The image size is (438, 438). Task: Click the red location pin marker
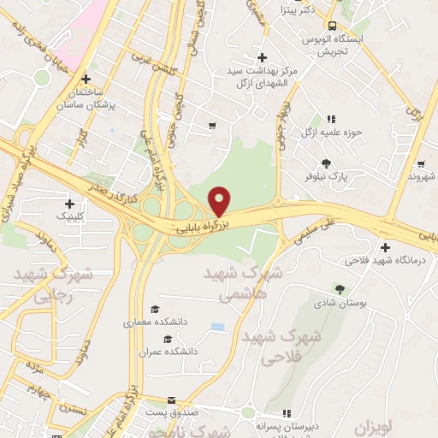(x=220, y=201)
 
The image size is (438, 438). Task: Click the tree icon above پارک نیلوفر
(x=326, y=163)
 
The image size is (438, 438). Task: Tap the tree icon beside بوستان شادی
(x=340, y=289)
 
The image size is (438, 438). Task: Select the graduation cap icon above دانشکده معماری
(x=155, y=310)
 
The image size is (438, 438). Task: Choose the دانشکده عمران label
(x=174, y=351)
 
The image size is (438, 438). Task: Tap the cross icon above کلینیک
(x=69, y=204)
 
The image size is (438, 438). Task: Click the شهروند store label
(x=421, y=175)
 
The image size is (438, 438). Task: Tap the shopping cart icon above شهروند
(x=420, y=163)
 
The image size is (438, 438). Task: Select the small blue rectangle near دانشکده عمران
(x=218, y=327)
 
